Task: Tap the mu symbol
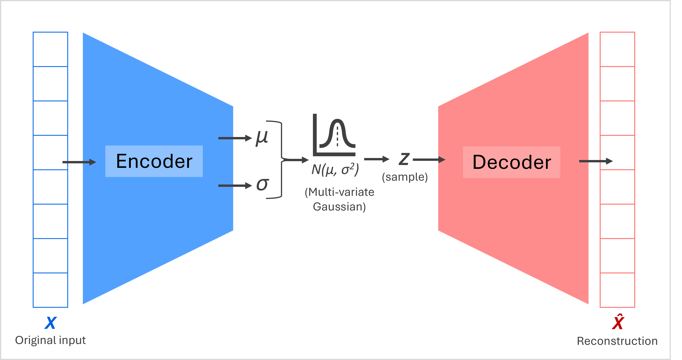click(261, 138)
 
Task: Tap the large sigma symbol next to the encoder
click(262, 184)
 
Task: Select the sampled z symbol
click(404, 159)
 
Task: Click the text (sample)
click(404, 177)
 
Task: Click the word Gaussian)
click(339, 207)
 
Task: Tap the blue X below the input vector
click(50, 323)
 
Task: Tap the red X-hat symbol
click(618, 322)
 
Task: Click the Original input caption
click(50, 340)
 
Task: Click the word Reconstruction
click(617, 341)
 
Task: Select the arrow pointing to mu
click(234, 138)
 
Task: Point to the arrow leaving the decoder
click(596, 161)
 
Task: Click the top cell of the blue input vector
click(50, 49)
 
